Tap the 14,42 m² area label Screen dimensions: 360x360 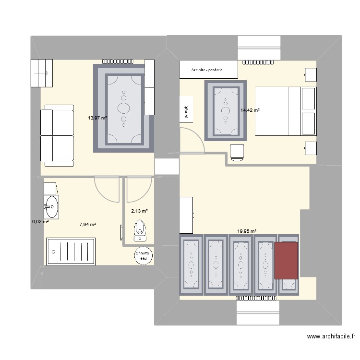click(250, 110)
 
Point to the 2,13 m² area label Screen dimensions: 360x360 click(139, 211)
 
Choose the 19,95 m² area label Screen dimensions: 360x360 click(246, 231)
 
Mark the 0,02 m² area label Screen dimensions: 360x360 click(40, 221)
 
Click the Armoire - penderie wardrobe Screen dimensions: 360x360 click(208, 70)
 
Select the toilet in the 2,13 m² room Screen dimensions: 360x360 click(140, 229)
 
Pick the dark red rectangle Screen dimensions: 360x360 click(286, 260)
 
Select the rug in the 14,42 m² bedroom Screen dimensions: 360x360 click(225, 111)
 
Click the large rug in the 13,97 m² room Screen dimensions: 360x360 click(124, 108)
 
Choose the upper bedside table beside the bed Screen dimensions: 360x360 click(311, 75)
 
